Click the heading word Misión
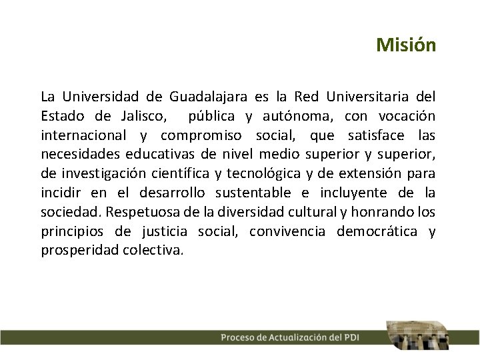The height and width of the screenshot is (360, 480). [405, 45]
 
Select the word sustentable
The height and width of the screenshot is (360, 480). [250, 193]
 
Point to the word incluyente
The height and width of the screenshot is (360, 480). [351, 193]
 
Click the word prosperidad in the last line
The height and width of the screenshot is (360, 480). [79, 251]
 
